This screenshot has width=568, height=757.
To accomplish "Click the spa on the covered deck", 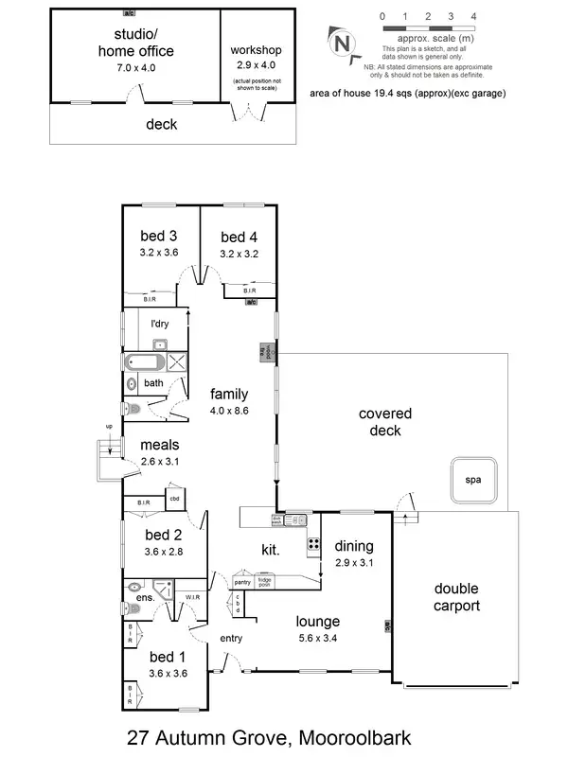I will pos(473,480).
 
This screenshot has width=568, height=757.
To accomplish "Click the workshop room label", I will pos(256,49).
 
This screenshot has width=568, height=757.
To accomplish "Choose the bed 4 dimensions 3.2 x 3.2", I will pos(239,254).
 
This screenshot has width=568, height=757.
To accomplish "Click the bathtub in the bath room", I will pos(142,361).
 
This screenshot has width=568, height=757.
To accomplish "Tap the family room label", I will pos(229,394).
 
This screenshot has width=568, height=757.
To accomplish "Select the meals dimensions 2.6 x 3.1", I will pos(159,461).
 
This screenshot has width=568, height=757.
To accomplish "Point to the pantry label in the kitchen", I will pos(243,583).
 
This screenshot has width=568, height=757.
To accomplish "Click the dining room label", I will pos(353,546).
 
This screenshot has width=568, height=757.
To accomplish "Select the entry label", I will pos(231,638).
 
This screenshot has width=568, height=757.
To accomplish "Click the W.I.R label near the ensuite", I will pos(192,597).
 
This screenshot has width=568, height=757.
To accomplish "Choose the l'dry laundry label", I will pos(160,324).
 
